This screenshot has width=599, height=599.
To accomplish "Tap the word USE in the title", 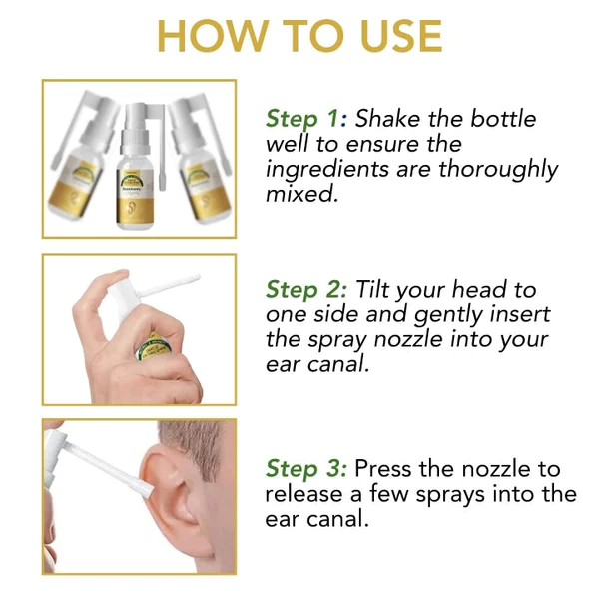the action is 402,36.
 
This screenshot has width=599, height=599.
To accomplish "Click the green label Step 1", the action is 306,119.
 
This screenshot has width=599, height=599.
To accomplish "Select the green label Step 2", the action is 306,290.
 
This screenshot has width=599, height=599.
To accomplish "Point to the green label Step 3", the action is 306,469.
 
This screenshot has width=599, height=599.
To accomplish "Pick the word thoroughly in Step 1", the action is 498,170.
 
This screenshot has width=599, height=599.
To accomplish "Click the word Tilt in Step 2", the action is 372,289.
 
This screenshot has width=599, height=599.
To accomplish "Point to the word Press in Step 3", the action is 383,468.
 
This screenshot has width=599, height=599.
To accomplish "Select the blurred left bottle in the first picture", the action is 83,157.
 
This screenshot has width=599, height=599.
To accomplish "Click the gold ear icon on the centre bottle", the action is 131,209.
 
